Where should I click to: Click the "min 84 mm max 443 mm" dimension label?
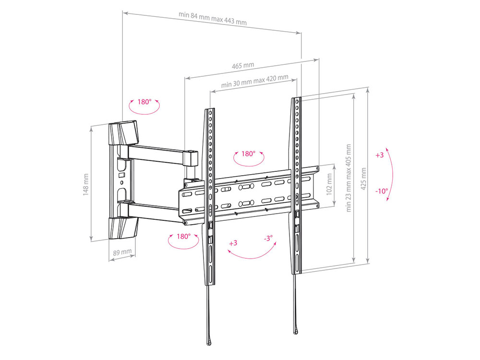[x=213, y=18]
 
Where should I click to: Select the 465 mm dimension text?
[x=243, y=65]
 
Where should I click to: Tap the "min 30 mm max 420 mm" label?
[x=255, y=81]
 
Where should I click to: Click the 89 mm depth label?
[x=122, y=252]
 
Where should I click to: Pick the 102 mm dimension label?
[x=329, y=184]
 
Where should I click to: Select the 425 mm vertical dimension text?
[x=363, y=179]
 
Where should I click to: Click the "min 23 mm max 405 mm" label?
[x=348, y=178]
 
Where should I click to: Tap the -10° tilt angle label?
[x=382, y=191]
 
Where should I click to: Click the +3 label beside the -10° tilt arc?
[x=380, y=155]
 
